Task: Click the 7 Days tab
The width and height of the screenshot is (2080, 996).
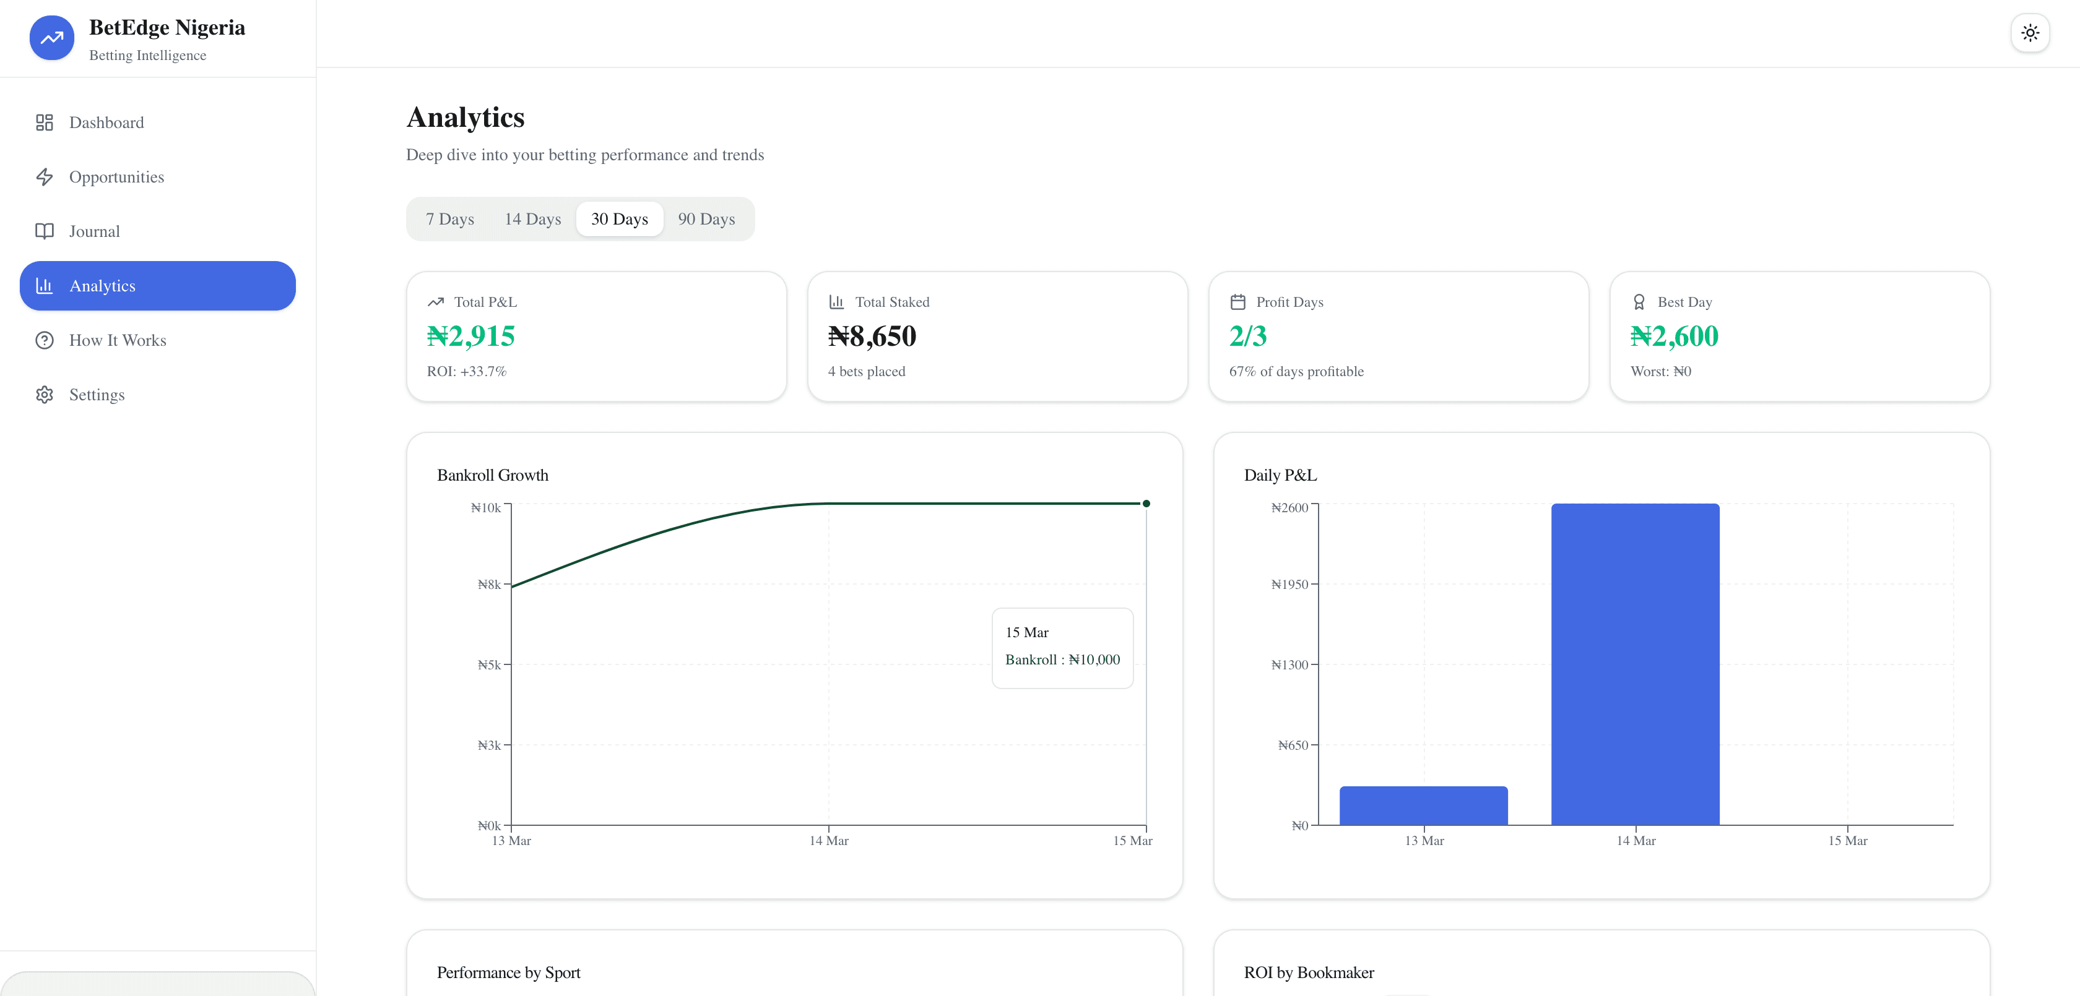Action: tap(450, 219)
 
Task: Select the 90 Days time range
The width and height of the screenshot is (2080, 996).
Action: tap(706, 219)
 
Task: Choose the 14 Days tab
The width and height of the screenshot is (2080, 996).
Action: tap(532, 219)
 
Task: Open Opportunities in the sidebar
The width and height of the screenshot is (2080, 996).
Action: tap(116, 177)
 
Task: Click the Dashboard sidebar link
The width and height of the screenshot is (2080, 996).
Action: tap(106, 122)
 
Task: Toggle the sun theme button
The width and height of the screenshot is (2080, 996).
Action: tap(2029, 33)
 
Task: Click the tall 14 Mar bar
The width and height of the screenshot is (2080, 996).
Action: tap(1634, 663)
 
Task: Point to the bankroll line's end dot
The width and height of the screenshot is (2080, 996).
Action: tap(1146, 504)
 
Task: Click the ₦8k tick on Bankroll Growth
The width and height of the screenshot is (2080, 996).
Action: tap(489, 585)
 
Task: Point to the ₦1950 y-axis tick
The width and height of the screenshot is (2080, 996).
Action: tap(1289, 585)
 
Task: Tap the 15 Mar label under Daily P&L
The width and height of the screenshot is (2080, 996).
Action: tap(1847, 841)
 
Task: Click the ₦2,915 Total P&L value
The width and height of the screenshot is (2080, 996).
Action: tap(470, 336)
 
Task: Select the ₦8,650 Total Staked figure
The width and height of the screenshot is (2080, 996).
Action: tap(872, 336)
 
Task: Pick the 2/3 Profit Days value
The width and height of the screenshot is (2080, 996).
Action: tap(1247, 336)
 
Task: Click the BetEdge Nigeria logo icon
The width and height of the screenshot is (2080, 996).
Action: tap(51, 38)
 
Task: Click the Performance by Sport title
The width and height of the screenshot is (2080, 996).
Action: tap(509, 972)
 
